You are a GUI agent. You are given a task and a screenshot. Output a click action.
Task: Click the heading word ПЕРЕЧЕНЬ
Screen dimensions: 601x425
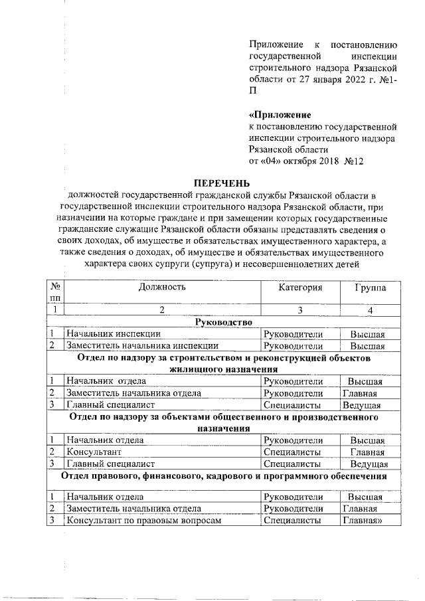tap(222, 183)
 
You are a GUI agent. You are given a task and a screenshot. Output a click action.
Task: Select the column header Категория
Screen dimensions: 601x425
tap(299, 287)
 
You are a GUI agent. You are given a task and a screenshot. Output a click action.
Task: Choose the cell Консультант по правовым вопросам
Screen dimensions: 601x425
tap(142, 521)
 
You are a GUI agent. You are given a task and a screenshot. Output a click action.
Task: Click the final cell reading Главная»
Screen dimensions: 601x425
tap(363, 521)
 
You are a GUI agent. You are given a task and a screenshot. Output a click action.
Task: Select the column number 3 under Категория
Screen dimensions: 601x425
tap(299, 310)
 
